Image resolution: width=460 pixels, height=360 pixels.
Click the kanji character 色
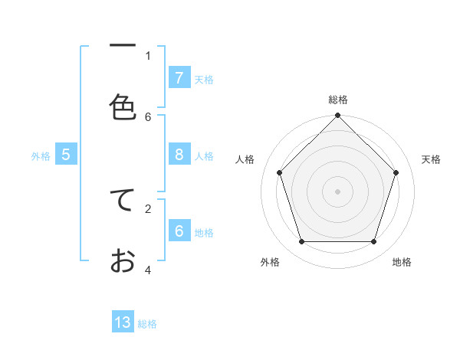(x=123, y=106)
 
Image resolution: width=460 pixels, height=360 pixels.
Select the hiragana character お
(x=123, y=260)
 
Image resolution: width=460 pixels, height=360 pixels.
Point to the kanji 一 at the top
(x=123, y=46)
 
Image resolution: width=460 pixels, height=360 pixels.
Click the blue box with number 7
(x=179, y=78)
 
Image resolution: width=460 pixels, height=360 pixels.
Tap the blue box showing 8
(x=179, y=155)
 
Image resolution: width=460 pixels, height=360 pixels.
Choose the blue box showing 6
(x=179, y=231)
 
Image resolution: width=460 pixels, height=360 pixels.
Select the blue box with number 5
(x=66, y=155)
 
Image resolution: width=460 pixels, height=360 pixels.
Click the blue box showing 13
(x=123, y=322)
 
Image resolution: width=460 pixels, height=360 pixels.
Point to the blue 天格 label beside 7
(x=204, y=80)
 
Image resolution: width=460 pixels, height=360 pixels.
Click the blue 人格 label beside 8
(x=204, y=156)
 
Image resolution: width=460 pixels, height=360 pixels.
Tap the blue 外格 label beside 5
(x=41, y=156)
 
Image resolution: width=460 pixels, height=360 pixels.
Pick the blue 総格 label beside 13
(x=147, y=324)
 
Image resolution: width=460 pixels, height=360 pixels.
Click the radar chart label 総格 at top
(x=338, y=100)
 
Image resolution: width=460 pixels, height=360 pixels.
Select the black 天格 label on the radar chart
(x=432, y=159)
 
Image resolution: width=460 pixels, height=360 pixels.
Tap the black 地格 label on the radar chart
(x=402, y=262)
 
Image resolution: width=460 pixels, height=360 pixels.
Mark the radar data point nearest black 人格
(x=280, y=172)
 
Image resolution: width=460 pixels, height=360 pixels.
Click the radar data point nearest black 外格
(x=302, y=241)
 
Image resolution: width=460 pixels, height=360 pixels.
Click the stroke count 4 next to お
(x=148, y=270)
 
